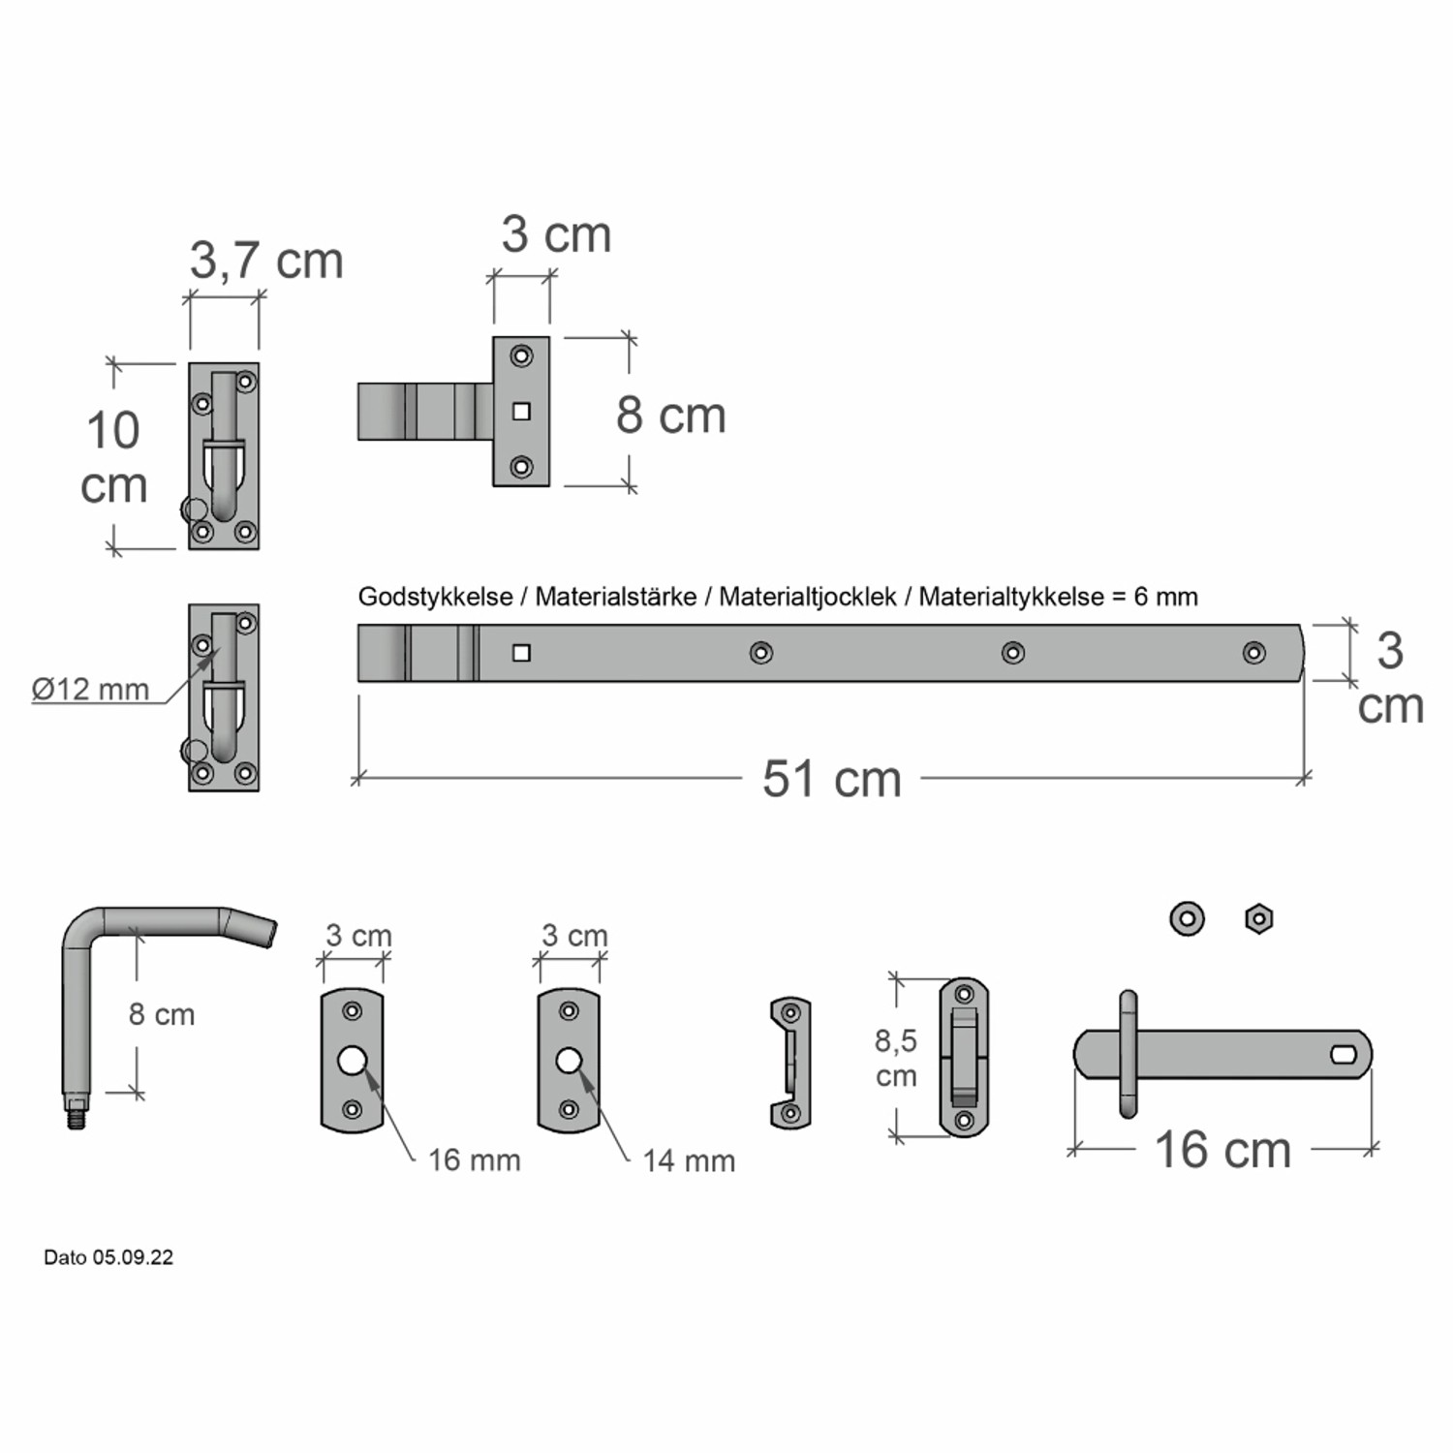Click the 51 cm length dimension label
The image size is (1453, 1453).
point(831,779)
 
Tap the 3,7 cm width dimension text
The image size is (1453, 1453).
point(266,261)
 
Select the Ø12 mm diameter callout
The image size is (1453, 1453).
point(90,689)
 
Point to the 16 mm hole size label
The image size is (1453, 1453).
point(474,1159)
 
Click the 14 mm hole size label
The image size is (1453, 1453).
point(689,1159)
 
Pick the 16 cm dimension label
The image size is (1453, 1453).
point(1222,1150)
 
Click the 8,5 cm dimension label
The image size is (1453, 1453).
point(896,1058)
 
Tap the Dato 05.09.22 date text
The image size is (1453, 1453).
point(108,1257)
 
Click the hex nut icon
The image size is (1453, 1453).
point(1258,918)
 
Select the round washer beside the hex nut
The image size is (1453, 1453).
point(1187,918)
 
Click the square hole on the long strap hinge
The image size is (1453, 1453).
point(521,653)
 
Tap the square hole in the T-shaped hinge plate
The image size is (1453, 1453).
point(521,412)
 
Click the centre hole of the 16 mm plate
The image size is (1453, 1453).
point(352,1061)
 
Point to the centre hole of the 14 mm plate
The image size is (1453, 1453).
point(569,1061)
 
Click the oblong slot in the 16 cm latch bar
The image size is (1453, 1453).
point(1345,1054)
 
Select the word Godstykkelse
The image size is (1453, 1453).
point(435,597)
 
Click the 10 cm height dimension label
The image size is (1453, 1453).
point(113,457)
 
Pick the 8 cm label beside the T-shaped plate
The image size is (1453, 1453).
point(670,416)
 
